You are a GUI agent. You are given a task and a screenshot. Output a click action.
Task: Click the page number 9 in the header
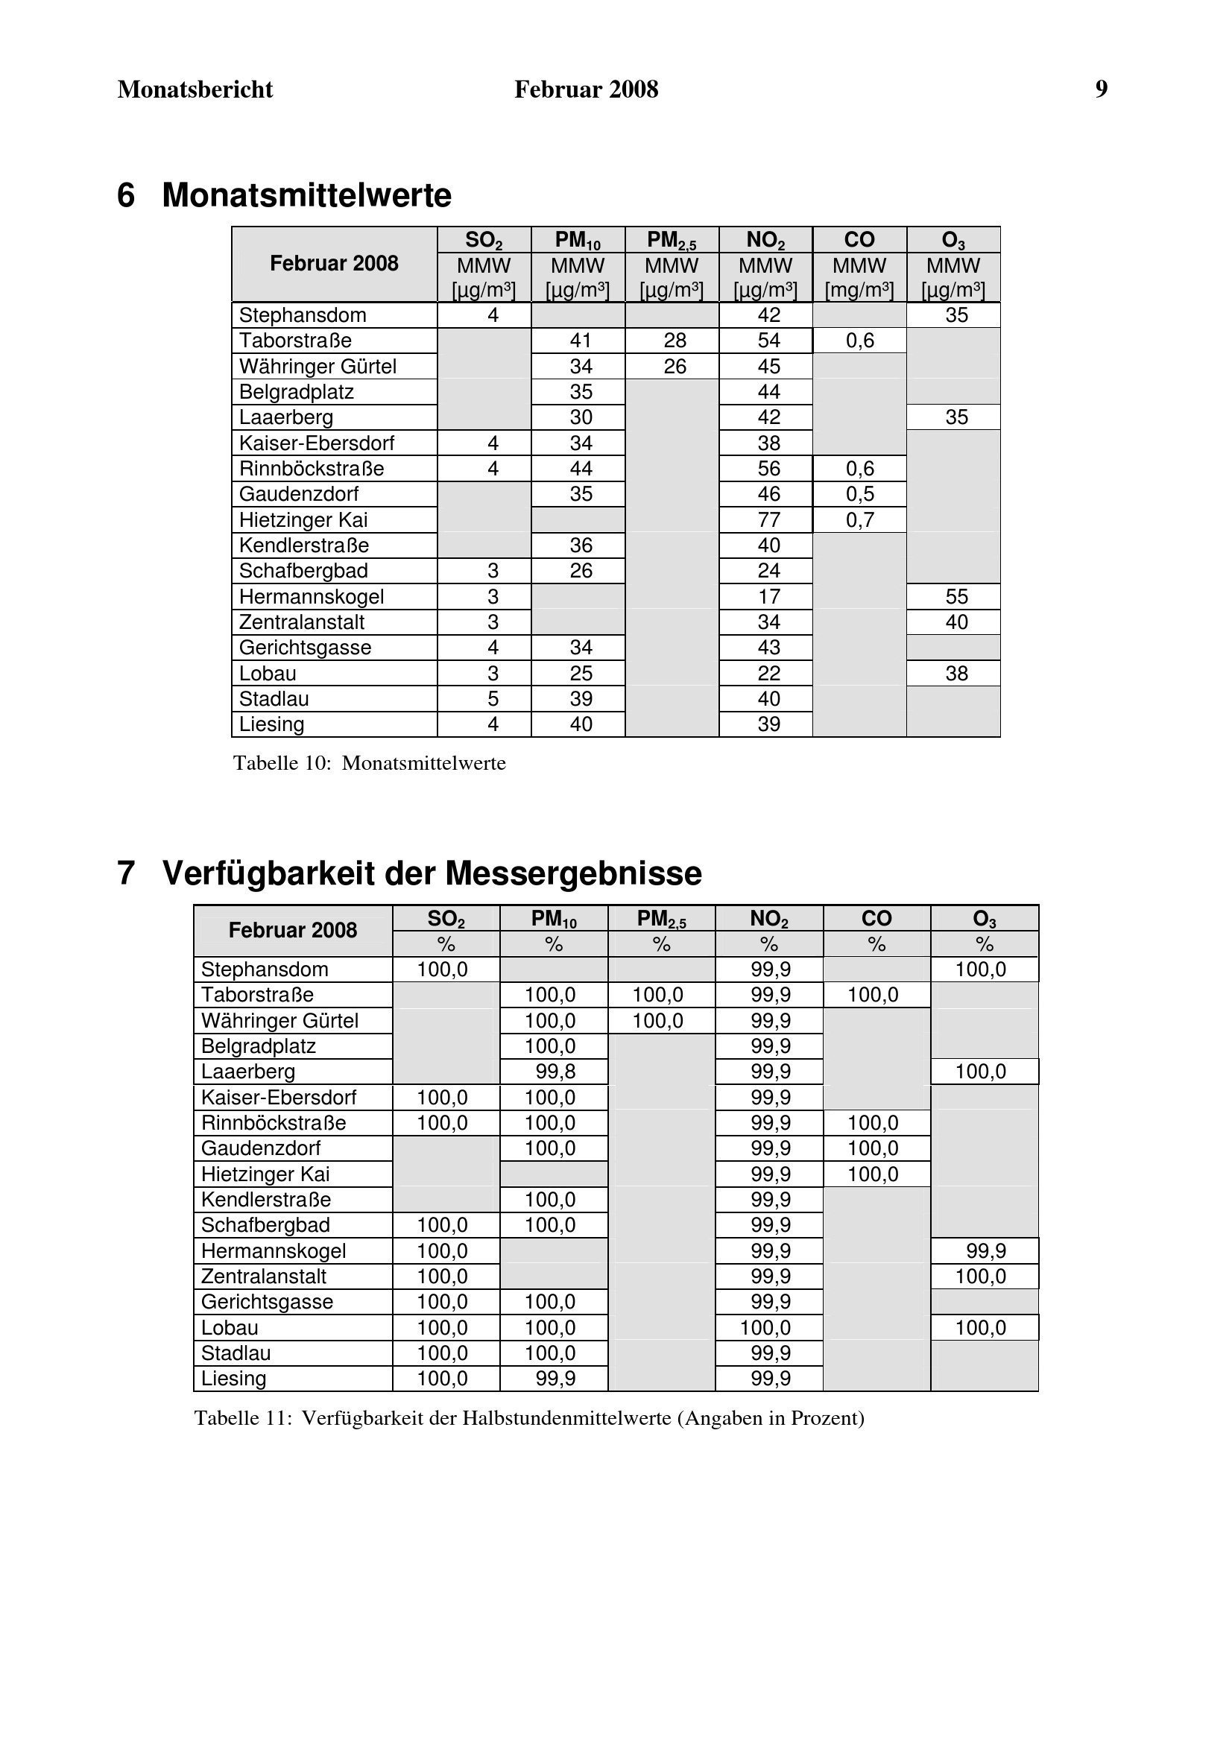point(1101,89)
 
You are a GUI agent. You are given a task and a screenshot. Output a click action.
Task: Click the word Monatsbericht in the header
point(195,89)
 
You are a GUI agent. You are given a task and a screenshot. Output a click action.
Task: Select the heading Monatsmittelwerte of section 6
point(306,196)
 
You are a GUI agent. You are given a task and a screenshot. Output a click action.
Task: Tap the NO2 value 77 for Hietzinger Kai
point(768,520)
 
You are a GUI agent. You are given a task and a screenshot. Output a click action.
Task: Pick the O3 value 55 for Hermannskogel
point(956,597)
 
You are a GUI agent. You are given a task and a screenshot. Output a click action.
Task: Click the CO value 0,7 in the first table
point(860,520)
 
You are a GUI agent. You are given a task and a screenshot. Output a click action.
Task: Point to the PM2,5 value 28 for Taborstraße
point(674,341)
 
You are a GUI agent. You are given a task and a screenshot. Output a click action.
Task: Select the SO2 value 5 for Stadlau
point(493,699)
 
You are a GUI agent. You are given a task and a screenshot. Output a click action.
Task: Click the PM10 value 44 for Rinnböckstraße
point(581,469)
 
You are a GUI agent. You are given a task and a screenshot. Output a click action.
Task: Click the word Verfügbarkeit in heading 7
point(268,873)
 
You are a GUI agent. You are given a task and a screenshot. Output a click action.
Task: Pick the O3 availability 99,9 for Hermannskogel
point(985,1251)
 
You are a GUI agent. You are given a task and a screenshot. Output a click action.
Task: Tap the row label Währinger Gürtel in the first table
point(318,367)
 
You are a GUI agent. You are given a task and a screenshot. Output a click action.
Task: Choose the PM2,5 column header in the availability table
point(661,919)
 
